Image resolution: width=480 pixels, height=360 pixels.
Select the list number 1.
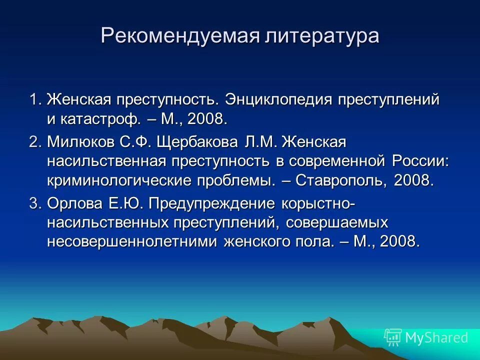pos(34,99)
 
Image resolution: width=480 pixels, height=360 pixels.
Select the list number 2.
pos(34,142)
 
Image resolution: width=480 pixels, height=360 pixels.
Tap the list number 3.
pos(34,203)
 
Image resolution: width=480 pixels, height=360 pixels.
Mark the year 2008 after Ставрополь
pos(413,180)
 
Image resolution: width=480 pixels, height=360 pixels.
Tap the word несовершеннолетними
pos(132,242)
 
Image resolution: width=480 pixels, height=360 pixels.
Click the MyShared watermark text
pos(436,337)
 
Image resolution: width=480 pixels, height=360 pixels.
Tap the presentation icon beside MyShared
pos(392,337)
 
